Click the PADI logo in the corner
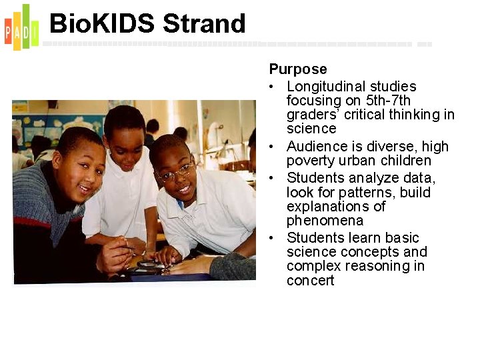coord(21,27)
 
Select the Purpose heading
coord(298,69)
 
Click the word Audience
coord(317,147)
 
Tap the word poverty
coord(311,161)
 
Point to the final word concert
coord(310,281)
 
